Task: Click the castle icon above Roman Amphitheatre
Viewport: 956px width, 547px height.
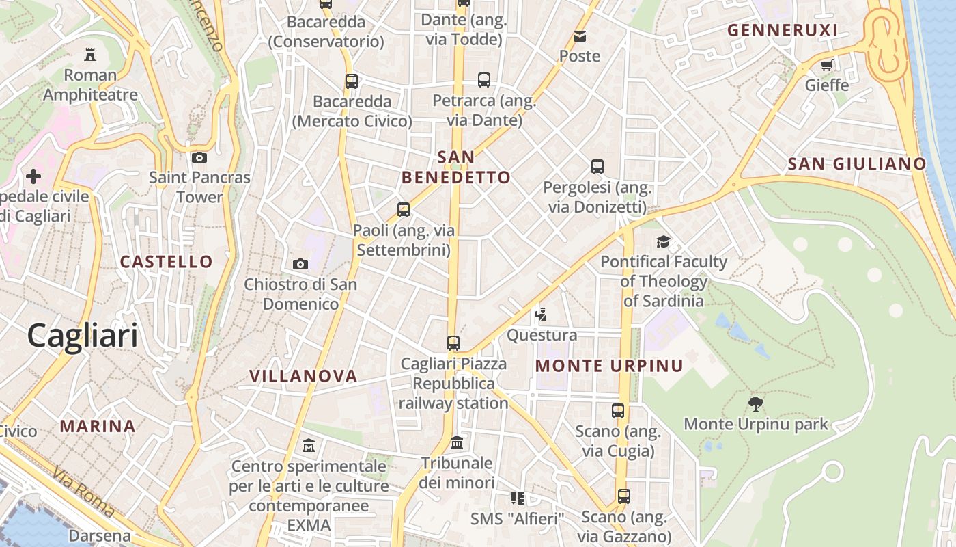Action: (89, 54)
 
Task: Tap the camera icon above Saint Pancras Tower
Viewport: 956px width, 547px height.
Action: (199, 158)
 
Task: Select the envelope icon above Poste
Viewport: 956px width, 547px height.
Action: (580, 36)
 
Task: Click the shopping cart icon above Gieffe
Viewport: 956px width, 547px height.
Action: (826, 66)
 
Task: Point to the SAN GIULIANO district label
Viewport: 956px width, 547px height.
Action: (856, 164)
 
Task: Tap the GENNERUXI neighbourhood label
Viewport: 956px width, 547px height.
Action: (782, 30)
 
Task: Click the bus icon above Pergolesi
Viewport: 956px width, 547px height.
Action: (597, 166)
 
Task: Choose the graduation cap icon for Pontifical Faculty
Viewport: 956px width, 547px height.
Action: (663, 241)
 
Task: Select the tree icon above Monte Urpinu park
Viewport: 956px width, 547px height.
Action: (755, 403)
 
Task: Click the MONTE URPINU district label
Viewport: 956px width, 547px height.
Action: (609, 366)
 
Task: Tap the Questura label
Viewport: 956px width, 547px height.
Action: (542, 335)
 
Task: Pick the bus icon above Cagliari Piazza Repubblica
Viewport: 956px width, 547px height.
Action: (453, 343)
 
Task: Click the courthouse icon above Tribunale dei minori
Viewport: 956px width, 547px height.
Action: (457, 443)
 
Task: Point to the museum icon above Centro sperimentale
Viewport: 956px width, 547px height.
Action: (309, 446)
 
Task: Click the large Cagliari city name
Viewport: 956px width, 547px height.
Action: (83, 336)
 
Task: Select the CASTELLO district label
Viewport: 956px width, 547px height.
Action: (167, 261)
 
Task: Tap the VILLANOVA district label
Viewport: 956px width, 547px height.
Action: (303, 376)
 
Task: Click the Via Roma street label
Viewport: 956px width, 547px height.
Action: (83, 491)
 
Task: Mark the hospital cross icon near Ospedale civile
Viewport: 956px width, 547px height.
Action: (33, 177)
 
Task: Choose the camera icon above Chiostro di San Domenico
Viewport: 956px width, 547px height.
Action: (300, 264)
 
